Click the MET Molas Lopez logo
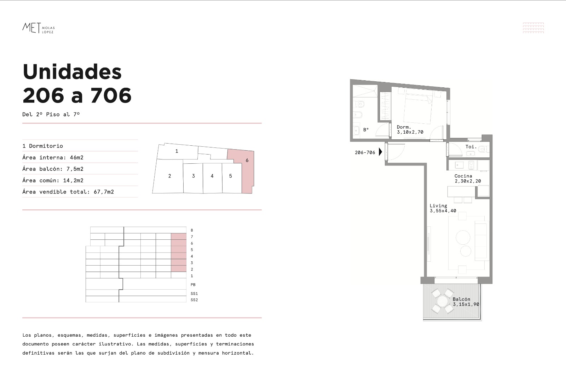39,28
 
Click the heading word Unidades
72,72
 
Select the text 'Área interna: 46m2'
53,157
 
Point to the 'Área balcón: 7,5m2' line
53,169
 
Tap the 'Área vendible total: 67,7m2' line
68,192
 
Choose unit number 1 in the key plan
177,151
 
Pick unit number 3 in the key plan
193,176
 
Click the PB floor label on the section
193,285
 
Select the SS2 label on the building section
194,300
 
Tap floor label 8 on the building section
192,230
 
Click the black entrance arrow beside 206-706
381,152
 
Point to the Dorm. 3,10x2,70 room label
410,129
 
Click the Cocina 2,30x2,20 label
468,178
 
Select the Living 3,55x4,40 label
443,208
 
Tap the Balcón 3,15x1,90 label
466,302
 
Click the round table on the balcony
443,301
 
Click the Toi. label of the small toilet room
471,146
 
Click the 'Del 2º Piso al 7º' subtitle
51,114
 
